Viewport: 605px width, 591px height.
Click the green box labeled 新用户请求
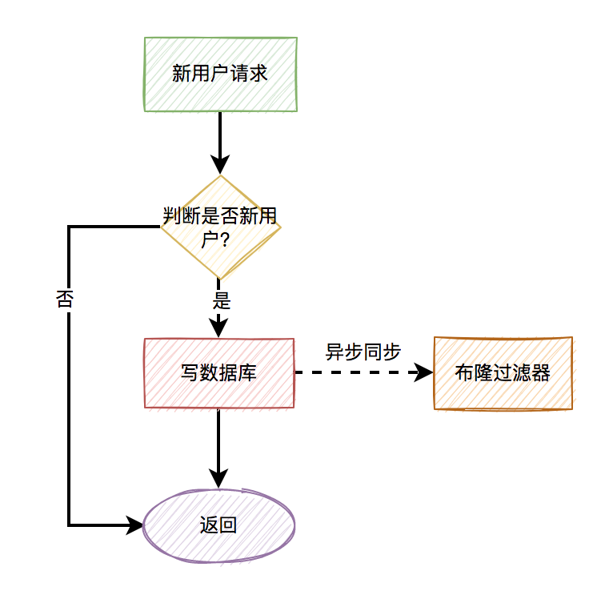(x=221, y=74)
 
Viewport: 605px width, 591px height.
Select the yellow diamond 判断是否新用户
(x=220, y=227)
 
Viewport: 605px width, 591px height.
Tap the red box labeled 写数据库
(x=219, y=373)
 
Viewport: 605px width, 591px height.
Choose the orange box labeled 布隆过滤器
(x=503, y=373)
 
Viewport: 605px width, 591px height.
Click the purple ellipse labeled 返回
(x=218, y=525)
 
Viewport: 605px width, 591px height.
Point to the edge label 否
(x=65, y=300)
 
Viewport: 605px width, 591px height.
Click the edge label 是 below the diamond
(x=222, y=301)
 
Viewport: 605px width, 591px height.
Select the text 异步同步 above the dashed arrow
(x=363, y=352)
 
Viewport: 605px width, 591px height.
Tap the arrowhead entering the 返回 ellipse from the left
(x=135, y=525)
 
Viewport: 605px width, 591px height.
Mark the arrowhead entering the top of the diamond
(x=220, y=165)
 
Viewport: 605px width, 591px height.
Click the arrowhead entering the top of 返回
(x=218, y=479)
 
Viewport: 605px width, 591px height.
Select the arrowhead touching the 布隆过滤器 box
(x=424, y=372)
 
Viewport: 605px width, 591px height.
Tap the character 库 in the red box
(x=247, y=373)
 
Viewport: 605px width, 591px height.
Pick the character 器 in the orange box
(x=541, y=373)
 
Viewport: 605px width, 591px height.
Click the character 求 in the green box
(x=258, y=74)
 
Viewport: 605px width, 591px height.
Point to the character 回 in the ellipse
(x=228, y=525)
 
